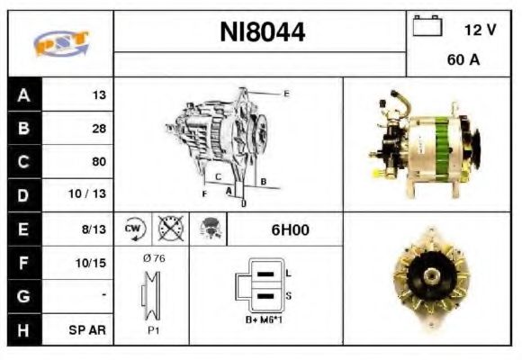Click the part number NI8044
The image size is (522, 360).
coord(262,33)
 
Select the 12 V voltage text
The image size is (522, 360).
coord(480,30)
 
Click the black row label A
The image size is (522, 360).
coord(22,95)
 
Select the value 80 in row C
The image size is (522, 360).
coord(98,162)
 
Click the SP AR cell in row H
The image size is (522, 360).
coord(90,330)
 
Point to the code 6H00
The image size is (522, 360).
coord(290,230)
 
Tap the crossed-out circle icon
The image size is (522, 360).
coord(170,229)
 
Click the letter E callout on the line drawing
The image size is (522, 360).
coord(286,94)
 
